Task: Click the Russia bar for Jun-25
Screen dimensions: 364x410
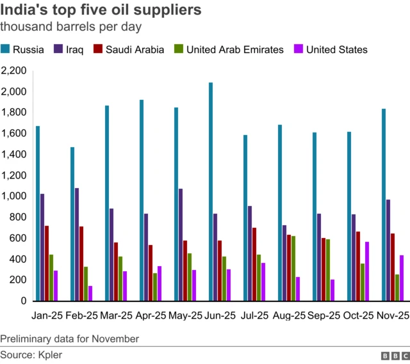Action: pos(211,192)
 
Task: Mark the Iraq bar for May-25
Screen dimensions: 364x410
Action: pos(181,244)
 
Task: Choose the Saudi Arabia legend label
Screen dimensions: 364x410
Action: pos(135,49)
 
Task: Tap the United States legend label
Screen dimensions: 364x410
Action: pos(337,49)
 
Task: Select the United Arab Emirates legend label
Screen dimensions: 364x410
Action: pos(234,49)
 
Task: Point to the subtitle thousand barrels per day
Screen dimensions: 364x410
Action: pos(70,28)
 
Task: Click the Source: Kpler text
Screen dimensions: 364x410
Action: pos(31,354)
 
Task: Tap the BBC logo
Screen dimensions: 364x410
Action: pos(394,355)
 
